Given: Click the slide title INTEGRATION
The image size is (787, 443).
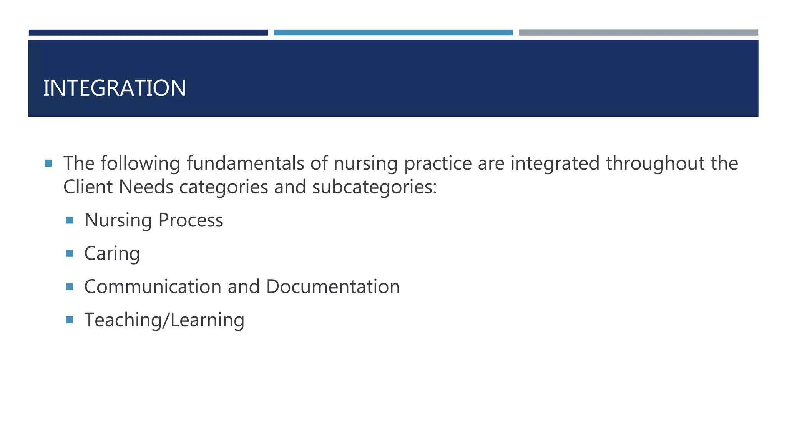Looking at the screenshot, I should coord(115,88).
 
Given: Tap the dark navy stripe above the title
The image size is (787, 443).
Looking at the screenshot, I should coord(148,33).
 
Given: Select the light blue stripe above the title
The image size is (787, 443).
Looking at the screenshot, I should coord(393,33).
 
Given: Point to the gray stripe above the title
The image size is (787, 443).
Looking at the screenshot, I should coord(638,33).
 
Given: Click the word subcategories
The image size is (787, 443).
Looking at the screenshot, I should coord(374,188).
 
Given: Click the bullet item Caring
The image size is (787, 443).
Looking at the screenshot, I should coord(112,254).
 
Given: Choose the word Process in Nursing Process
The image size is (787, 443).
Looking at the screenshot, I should coord(191,220).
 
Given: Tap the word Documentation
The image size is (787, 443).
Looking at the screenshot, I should coord(333,287).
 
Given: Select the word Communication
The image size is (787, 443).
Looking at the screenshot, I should coord(153,287).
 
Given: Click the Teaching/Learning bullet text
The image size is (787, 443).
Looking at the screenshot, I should coord(164,320).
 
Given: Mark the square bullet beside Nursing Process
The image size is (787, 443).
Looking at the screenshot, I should coord(70,220).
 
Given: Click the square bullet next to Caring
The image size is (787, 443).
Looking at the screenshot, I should coord(70,253).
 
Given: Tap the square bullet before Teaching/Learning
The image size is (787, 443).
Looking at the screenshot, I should coord(70,320).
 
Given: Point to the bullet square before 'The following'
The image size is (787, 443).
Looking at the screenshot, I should coord(48,163).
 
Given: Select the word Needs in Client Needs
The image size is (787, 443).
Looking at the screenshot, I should coord(146,187).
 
